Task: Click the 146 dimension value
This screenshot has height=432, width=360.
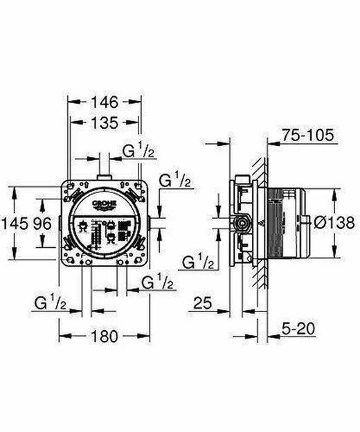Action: tap(105, 102)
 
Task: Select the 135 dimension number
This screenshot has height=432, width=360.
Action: tap(105, 123)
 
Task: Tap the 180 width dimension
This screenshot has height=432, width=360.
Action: tap(105, 336)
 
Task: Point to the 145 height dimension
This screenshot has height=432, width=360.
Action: tap(15, 223)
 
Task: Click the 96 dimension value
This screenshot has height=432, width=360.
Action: tap(42, 223)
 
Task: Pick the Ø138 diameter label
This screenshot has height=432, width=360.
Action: tap(334, 223)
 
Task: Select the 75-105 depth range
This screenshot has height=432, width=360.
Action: tap(307, 135)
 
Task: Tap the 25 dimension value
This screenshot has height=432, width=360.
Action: tap(203, 303)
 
